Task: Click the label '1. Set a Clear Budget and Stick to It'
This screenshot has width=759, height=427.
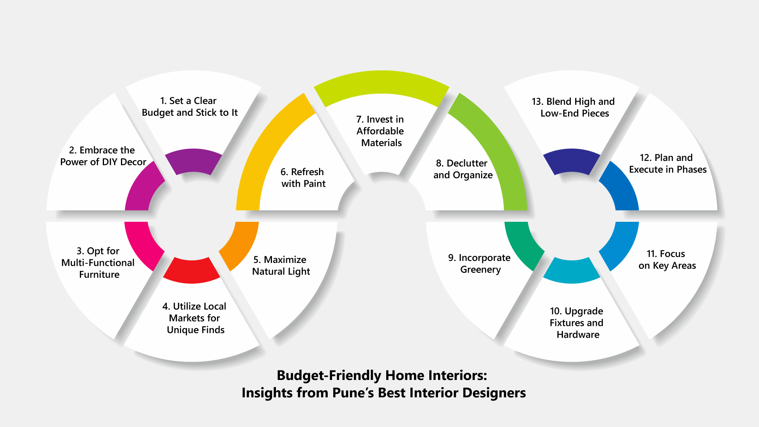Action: pyautogui.click(x=190, y=107)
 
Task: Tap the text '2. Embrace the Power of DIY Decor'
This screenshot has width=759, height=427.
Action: pyautogui.click(x=103, y=156)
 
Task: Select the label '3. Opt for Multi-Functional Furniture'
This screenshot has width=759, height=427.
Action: pyautogui.click(x=98, y=263)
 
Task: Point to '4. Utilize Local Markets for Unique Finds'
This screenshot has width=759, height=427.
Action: pyautogui.click(x=194, y=318)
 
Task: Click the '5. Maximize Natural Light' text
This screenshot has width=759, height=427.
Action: pyautogui.click(x=281, y=266)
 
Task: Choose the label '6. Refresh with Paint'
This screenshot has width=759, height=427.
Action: pyautogui.click(x=303, y=178)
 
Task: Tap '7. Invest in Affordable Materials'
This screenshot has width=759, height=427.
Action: pyautogui.click(x=380, y=131)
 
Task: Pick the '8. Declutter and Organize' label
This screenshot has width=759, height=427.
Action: pyautogui.click(x=463, y=169)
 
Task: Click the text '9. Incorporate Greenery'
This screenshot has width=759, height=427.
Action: pyautogui.click(x=480, y=264)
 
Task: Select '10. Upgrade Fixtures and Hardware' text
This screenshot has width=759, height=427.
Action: pyautogui.click(x=577, y=323)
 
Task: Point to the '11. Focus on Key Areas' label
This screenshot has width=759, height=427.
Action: pyautogui.click(x=667, y=260)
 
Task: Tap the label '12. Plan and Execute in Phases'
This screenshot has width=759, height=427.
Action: pyautogui.click(x=668, y=164)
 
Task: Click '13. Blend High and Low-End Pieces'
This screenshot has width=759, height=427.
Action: pyautogui.click(x=574, y=108)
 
